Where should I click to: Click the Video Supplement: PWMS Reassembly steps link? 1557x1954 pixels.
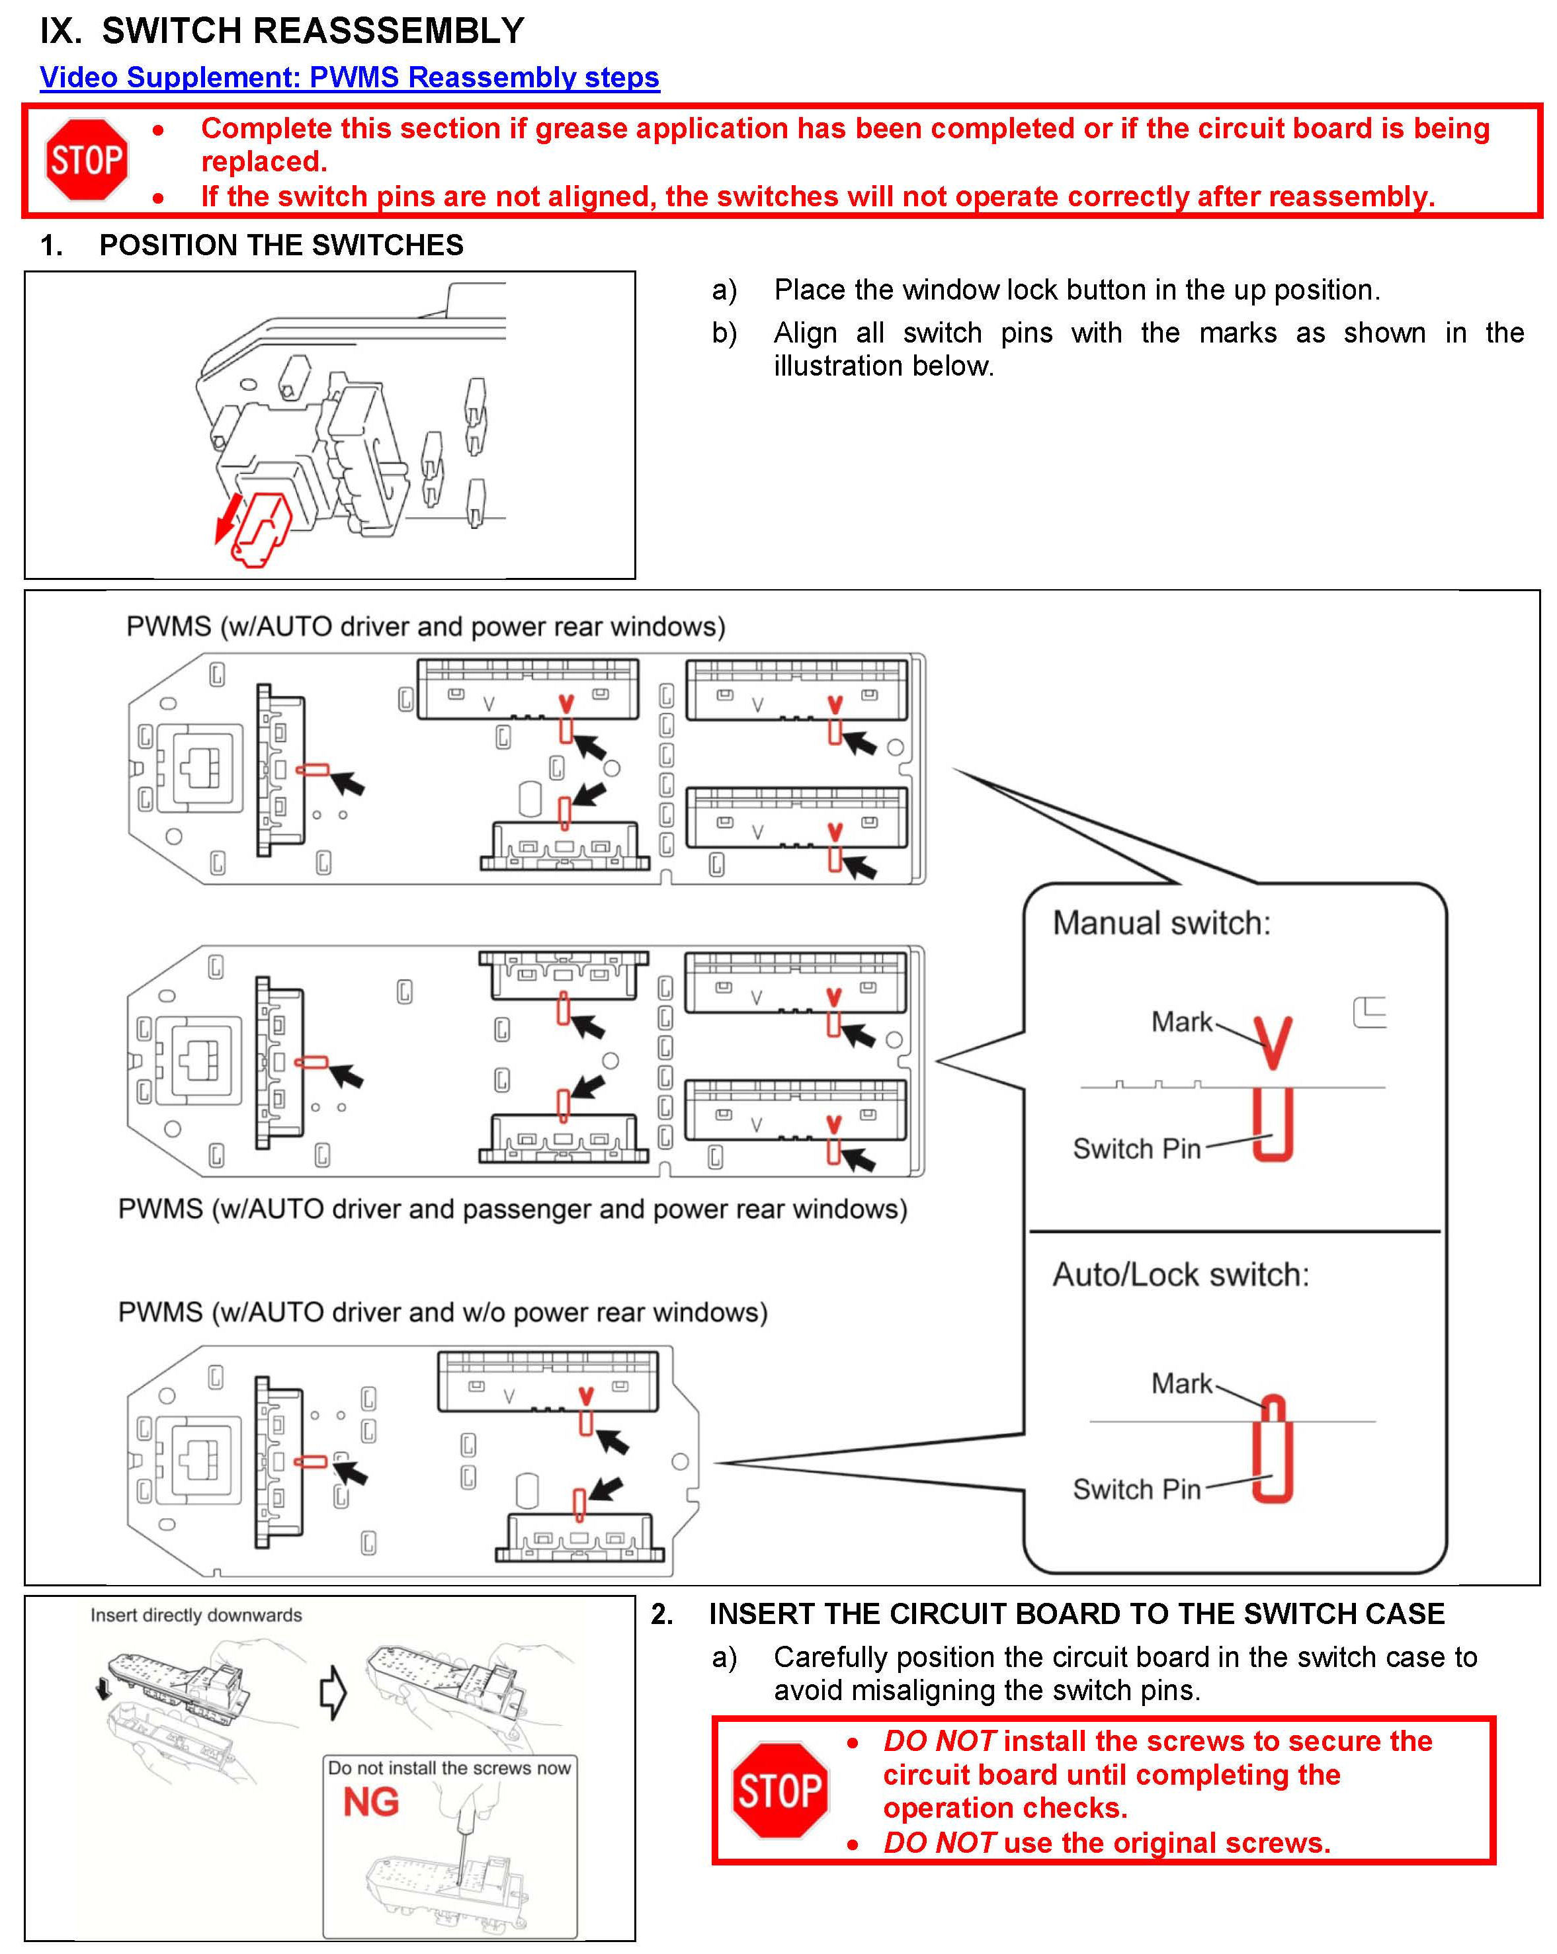pyautogui.click(x=349, y=77)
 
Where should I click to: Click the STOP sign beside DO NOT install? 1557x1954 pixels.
pyautogui.click(x=779, y=1790)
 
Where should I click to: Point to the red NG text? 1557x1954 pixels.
pyautogui.click(x=370, y=1802)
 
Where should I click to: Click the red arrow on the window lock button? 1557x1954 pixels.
pyautogui.click(x=227, y=519)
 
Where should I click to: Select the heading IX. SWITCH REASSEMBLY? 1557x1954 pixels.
pyautogui.click(x=282, y=31)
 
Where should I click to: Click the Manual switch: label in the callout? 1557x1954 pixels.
pyautogui.click(x=1161, y=922)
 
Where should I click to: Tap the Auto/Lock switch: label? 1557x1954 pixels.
pyautogui.click(x=1180, y=1274)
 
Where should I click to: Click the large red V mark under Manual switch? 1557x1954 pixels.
pyautogui.click(x=1273, y=1042)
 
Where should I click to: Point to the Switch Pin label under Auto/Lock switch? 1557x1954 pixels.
pyautogui.click(x=1136, y=1489)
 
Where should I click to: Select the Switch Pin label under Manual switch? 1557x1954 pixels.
pyautogui.click(x=1136, y=1149)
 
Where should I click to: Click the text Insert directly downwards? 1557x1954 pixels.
pyautogui.click(x=196, y=1615)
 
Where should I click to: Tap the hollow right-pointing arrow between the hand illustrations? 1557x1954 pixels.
pyautogui.click(x=333, y=1691)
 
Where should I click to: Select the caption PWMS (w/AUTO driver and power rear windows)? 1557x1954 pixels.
pyautogui.click(x=425, y=626)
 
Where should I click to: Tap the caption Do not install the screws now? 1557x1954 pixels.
pyautogui.click(x=450, y=1768)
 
